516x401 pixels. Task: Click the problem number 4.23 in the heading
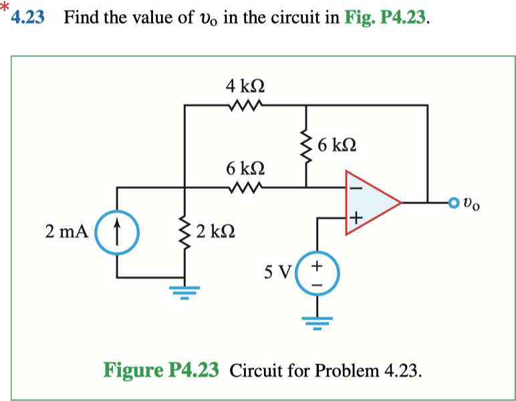29,18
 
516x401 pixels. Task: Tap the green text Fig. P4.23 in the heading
384,18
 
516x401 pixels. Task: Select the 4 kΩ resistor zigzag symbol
245,105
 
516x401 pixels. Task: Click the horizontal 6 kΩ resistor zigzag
245,187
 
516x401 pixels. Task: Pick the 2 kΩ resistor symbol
184,232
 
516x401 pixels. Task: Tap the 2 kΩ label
213,232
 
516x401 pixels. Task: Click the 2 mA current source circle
118,232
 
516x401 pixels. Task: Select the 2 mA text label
68,232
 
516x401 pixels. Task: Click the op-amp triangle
369,202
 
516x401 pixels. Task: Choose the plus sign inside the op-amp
356,218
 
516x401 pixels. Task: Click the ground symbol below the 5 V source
317,324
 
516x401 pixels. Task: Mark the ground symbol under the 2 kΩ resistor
184,290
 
